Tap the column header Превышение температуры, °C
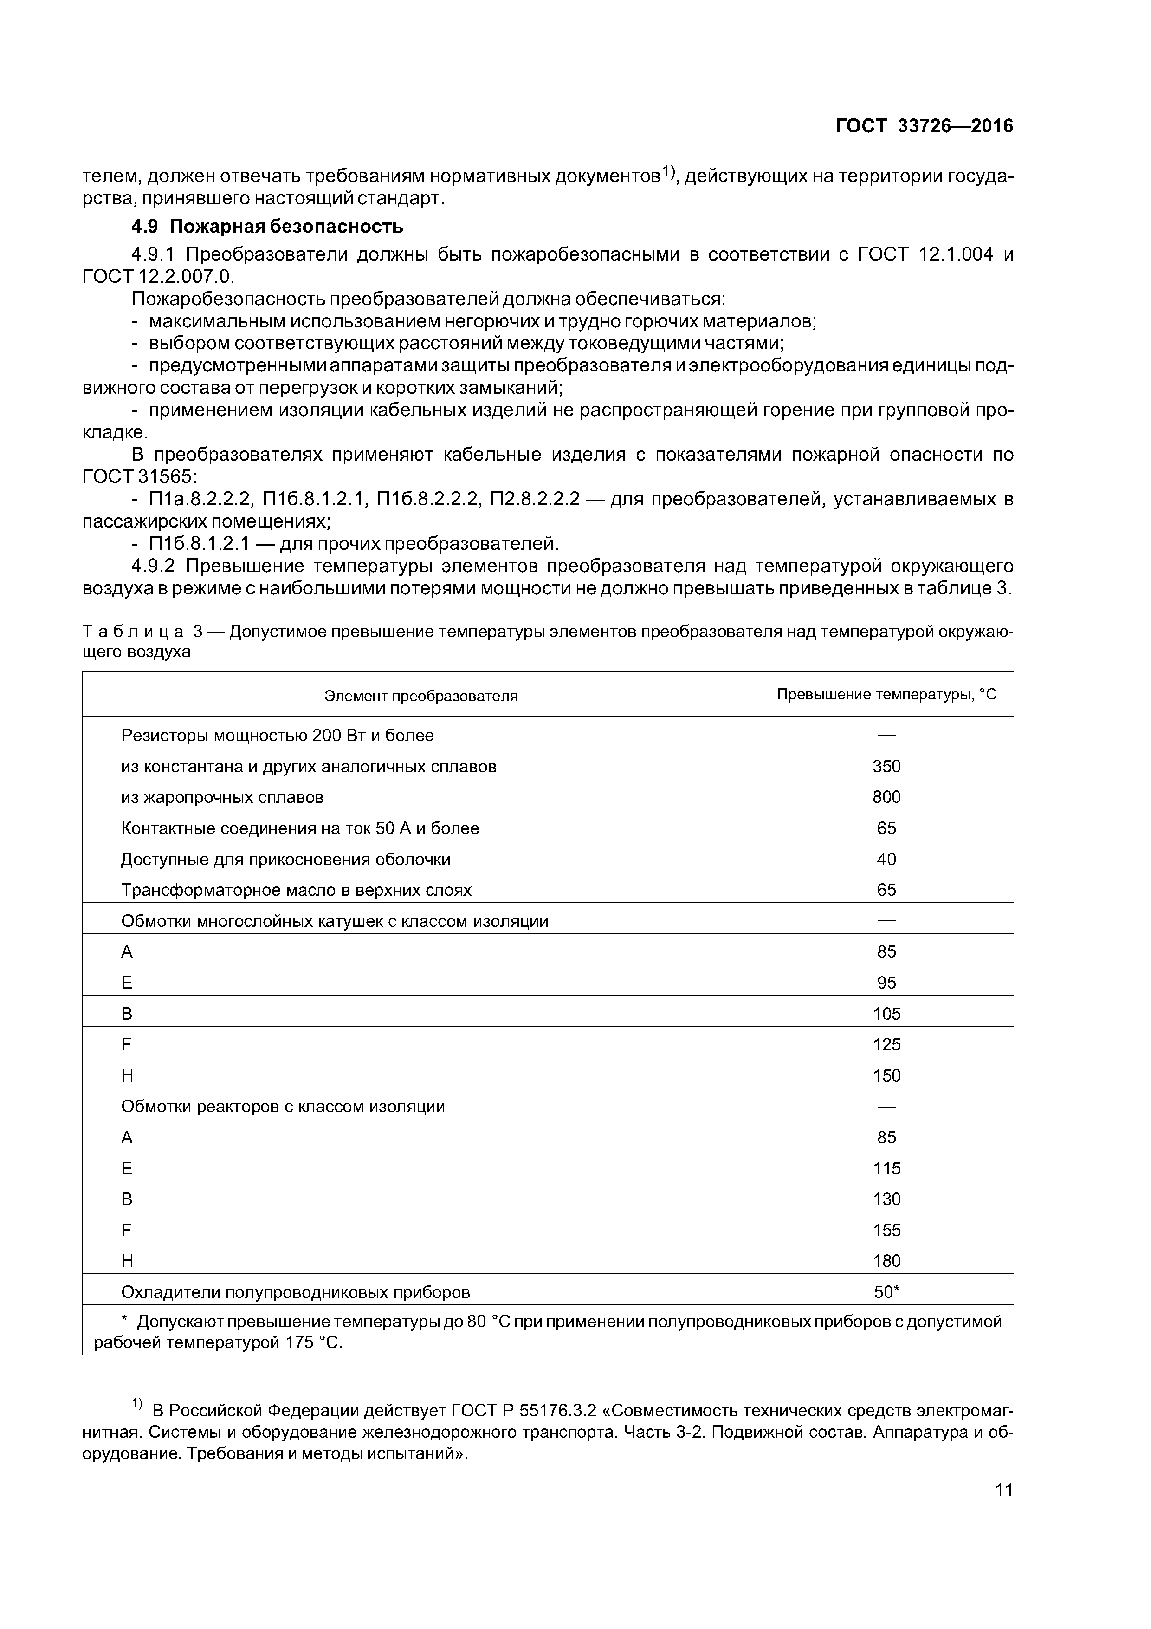886,695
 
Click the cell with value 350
886,766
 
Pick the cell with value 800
886,797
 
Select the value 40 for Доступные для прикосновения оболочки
886,859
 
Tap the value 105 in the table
886,1014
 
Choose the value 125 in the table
886,1044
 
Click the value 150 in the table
886,1075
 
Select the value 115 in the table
886,1168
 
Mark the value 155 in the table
886,1230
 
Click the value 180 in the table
886,1261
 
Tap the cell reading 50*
886,1292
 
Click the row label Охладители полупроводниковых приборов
295,1292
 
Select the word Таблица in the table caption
133,632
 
